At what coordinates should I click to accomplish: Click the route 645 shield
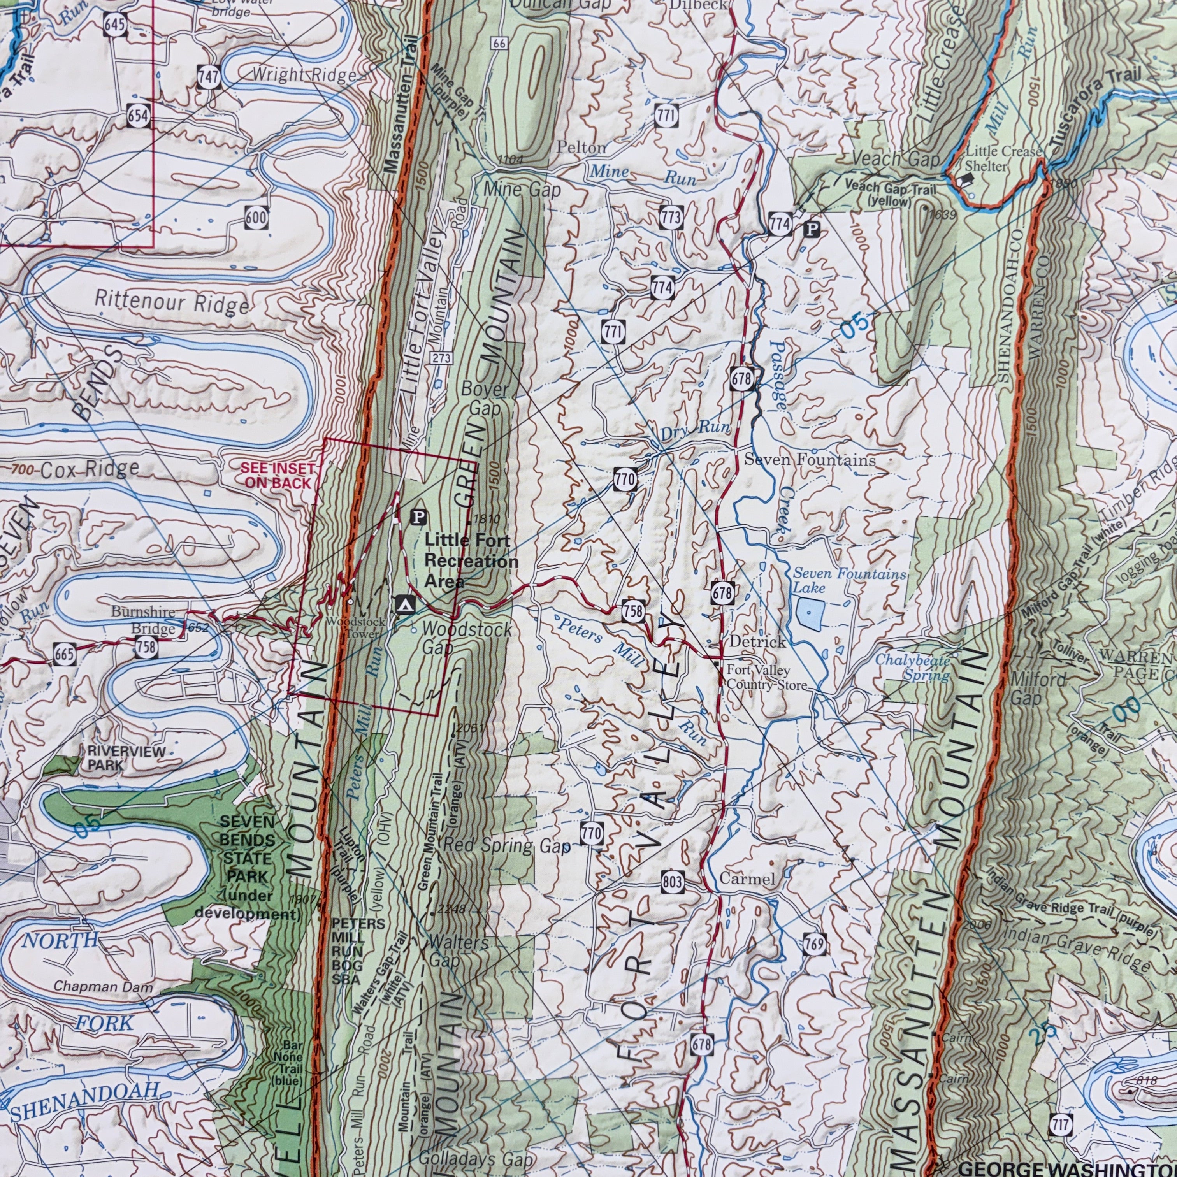(115, 25)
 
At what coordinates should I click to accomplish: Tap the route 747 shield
(208, 78)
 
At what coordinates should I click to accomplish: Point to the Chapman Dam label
(103, 985)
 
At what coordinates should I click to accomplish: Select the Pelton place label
(581, 148)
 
